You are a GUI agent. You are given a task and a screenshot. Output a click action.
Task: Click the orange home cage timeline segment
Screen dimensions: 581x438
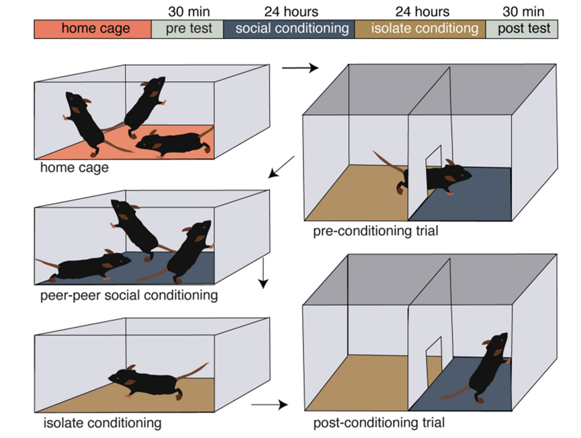93,29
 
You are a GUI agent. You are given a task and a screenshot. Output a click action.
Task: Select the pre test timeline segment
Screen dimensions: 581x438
187,29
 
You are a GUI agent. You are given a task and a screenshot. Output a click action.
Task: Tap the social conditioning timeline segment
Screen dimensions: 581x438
289,29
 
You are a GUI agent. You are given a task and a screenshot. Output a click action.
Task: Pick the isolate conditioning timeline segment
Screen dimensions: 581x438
420,29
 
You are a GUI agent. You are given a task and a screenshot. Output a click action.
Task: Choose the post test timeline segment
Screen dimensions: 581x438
522,29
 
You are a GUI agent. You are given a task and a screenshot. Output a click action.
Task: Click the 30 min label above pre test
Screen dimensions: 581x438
189,11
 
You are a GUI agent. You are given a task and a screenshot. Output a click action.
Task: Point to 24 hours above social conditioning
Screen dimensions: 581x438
292,11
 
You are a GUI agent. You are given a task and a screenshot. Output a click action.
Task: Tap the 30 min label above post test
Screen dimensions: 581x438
523,11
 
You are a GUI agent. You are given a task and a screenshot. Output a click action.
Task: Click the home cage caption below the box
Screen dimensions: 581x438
75,167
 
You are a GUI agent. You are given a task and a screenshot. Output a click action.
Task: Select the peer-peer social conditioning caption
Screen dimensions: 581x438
129,296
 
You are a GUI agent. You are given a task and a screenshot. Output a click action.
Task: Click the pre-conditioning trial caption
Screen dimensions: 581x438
375,231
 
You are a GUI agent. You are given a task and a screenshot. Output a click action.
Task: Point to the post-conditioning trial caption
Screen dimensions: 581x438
379,423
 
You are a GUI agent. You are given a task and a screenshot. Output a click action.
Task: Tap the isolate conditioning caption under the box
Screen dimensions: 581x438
102,423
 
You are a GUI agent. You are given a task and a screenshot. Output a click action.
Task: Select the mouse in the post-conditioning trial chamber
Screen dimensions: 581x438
482,371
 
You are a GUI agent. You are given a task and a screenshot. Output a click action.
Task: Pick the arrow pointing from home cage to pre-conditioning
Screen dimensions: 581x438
300,68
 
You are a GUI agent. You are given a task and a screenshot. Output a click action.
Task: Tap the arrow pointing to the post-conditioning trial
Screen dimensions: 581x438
269,404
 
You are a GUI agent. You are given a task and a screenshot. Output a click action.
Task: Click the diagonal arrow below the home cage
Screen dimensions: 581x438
281,167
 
